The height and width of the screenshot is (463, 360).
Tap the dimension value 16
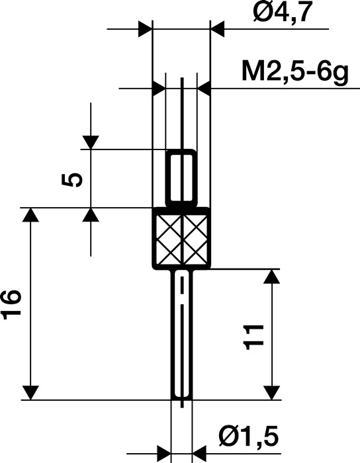coord(13,305)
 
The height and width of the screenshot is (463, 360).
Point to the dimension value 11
coord(255,336)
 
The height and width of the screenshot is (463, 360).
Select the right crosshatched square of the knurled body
coord(196,238)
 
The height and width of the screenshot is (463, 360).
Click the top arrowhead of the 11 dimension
coord(271,276)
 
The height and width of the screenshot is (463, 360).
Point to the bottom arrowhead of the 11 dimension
coord(271,392)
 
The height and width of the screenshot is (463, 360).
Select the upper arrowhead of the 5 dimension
coord(90,142)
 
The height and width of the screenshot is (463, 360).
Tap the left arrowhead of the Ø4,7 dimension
coord(144,29)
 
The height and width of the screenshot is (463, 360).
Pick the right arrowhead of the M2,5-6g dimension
coord(204,88)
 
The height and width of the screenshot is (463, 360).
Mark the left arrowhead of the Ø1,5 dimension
coord(163,454)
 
